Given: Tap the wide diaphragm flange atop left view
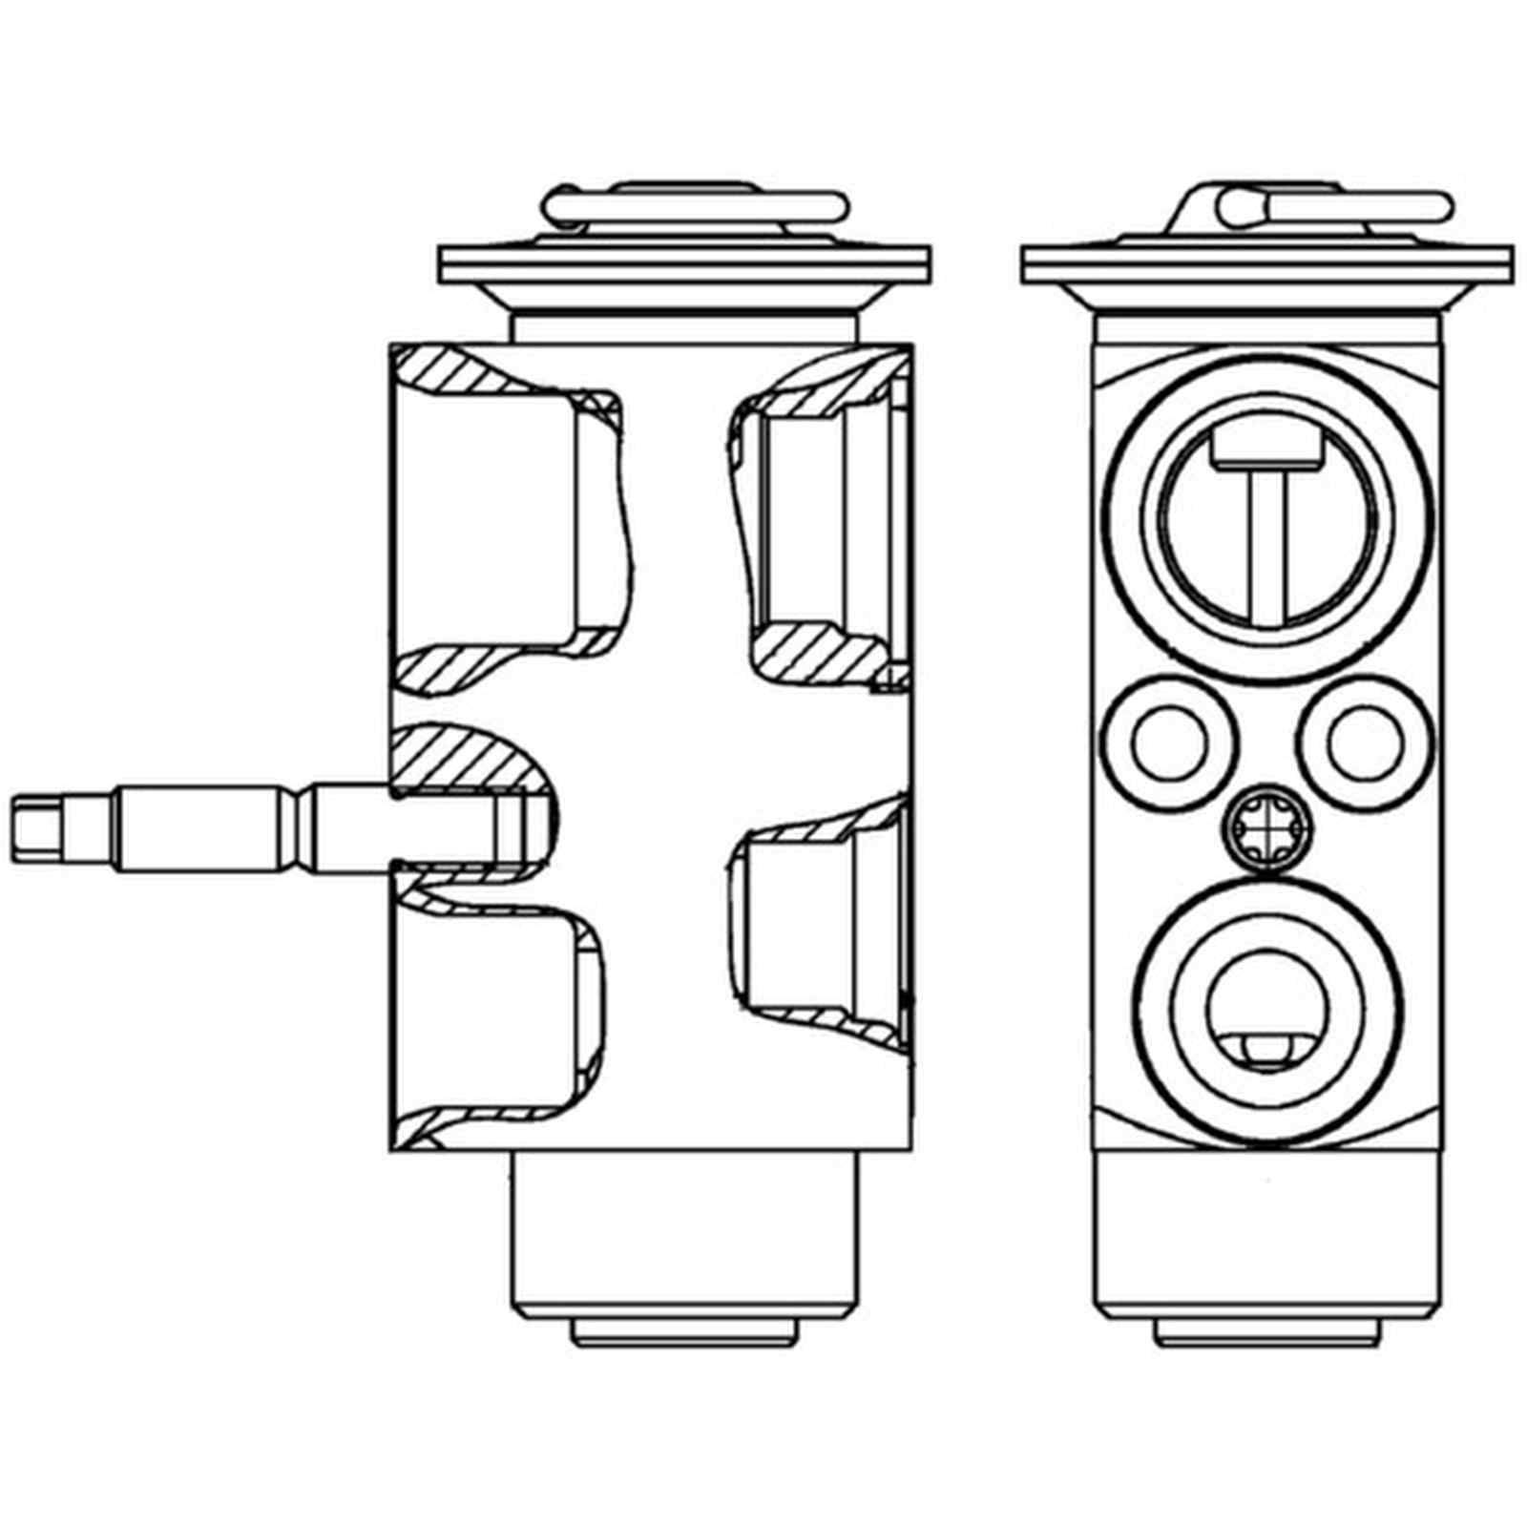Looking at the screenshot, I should click(x=683, y=264).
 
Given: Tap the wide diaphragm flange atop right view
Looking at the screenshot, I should click(x=1267, y=264).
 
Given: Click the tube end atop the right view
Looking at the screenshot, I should click(x=1241, y=204).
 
